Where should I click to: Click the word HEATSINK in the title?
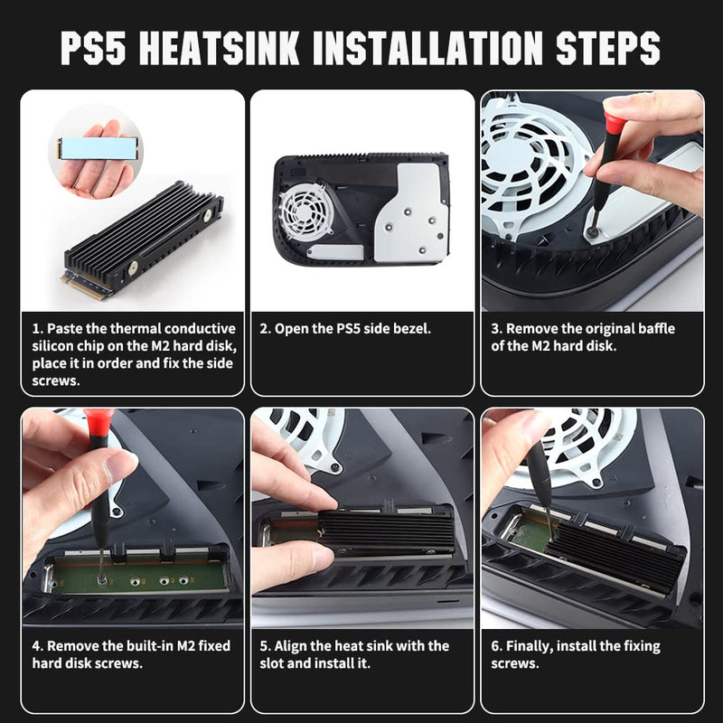pos(219,48)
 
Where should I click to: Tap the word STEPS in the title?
pos(607,48)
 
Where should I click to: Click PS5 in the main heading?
pos(93,48)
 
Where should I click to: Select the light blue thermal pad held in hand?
pos(98,147)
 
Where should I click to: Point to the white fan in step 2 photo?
pos(305,211)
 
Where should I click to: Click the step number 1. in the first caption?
pos(38,329)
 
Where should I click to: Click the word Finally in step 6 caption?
pos(530,647)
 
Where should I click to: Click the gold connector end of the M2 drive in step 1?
pos(86,286)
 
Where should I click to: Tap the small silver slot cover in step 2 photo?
pos(335,252)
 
